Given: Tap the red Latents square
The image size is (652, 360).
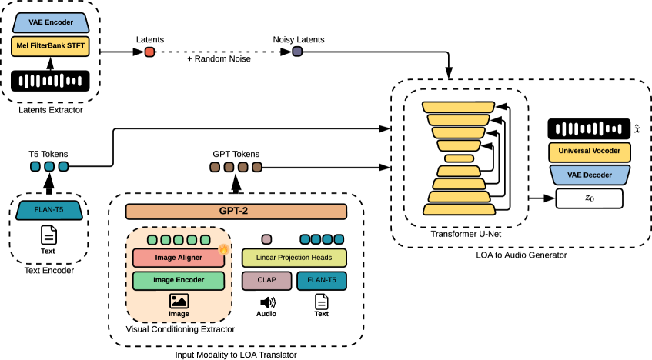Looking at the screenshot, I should click(x=149, y=52).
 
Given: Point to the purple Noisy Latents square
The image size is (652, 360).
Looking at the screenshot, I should click(x=297, y=52).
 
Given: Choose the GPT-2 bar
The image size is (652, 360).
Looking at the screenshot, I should click(x=236, y=212).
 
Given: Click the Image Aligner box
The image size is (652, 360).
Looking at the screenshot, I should click(x=179, y=258).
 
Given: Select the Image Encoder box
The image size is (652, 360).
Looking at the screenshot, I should click(x=179, y=281).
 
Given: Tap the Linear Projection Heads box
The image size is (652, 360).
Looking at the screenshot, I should click(x=294, y=258).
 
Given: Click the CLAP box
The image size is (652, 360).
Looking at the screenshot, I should click(x=266, y=281).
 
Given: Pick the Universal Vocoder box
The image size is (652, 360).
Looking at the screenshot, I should click(x=589, y=152).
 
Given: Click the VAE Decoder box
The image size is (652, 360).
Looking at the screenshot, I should click(x=589, y=175).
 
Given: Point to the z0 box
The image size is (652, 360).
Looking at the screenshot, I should click(x=589, y=198).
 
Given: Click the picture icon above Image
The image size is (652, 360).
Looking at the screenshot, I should click(x=179, y=302).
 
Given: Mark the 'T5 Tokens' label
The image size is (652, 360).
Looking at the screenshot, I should click(x=49, y=153).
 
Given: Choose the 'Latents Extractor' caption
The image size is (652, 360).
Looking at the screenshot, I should click(x=50, y=111).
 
